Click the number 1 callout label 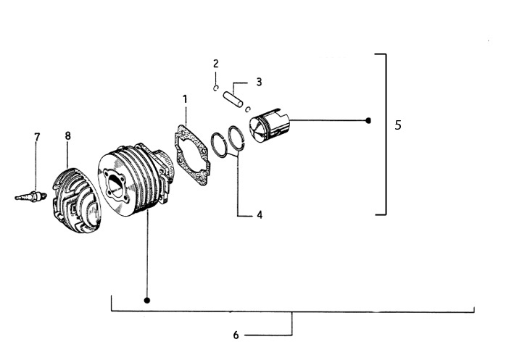pyautogui.click(x=185, y=99)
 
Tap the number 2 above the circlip pyautogui.click(x=215, y=64)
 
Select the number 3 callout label pyautogui.click(x=259, y=82)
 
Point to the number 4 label pyautogui.click(x=259, y=215)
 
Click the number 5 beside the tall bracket pyautogui.click(x=398, y=125)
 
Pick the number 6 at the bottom pyautogui.click(x=236, y=335)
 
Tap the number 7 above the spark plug pyautogui.click(x=37, y=137)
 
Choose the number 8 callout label pyautogui.click(x=67, y=135)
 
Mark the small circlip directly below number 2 pyautogui.click(x=216, y=88)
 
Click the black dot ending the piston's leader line pyautogui.click(x=368, y=120)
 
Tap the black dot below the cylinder pyautogui.click(x=147, y=299)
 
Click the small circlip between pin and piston pyautogui.click(x=248, y=109)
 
